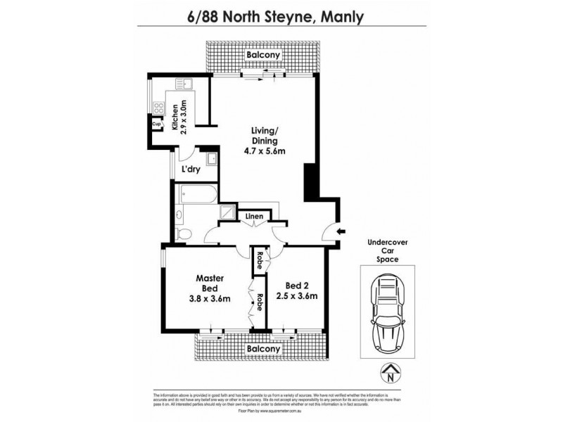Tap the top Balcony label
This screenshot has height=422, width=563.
(x=262, y=56)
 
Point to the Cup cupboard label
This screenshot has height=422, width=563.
(x=157, y=125)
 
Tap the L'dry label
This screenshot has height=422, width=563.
(x=190, y=170)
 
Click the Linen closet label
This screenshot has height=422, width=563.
(x=254, y=217)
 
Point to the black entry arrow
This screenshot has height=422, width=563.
(x=341, y=231)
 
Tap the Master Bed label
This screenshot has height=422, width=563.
(x=210, y=283)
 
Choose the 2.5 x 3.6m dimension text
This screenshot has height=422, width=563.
(x=296, y=296)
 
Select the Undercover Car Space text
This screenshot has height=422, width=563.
(x=388, y=250)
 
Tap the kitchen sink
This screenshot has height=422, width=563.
(x=191, y=85)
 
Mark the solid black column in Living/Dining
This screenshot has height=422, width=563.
(x=309, y=182)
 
